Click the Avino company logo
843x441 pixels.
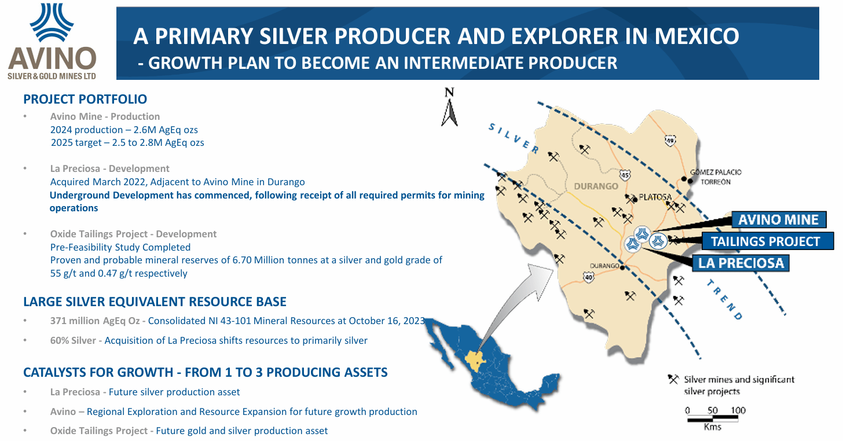[52, 41]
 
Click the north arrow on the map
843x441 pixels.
[449, 108]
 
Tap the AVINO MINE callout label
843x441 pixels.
[778, 220]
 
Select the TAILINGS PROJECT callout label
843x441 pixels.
[765, 241]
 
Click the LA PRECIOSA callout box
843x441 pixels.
[741, 263]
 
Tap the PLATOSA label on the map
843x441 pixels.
[655, 197]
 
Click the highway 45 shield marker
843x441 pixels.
[624, 174]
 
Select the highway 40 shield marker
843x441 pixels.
[589, 278]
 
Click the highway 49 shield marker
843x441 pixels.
[670, 140]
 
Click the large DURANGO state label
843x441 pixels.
[596, 186]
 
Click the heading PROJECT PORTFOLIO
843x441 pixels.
[85, 100]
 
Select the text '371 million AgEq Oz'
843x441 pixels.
[95, 321]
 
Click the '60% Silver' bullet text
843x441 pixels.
[72, 340]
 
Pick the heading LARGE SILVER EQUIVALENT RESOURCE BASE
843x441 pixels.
[155, 302]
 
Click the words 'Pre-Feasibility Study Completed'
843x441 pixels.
[120, 247]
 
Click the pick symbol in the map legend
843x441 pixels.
[673, 380]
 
